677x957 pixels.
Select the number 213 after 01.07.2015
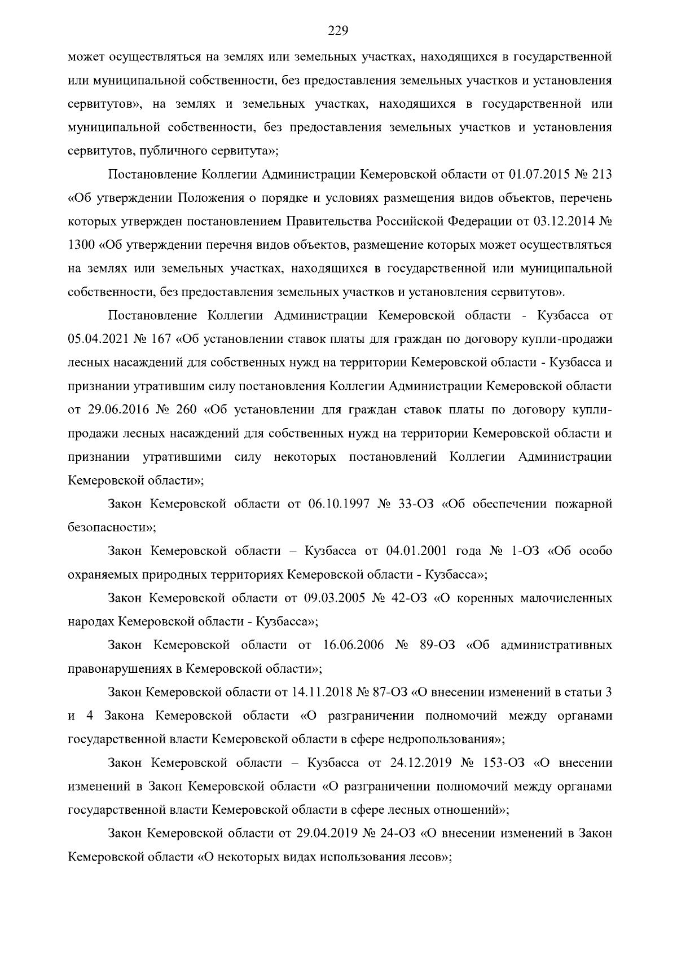click(601, 175)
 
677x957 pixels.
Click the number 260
click(186, 409)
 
